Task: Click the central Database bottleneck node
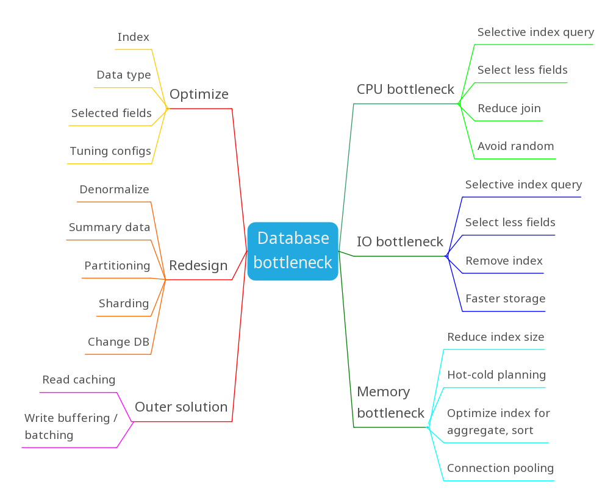(293, 251)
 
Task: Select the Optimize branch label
(199, 95)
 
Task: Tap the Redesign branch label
(198, 266)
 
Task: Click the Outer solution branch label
(181, 407)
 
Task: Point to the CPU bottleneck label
(406, 90)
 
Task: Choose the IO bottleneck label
(400, 242)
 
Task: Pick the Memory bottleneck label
(390, 402)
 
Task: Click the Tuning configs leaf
(110, 151)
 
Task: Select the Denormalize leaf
(114, 190)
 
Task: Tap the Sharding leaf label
(124, 304)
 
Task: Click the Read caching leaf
(79, 380)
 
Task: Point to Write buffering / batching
(71, 427)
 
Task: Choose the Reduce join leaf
(509, 109)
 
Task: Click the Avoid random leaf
(516, 146)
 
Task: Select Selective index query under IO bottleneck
(523, 185)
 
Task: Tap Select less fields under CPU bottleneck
(523, 70)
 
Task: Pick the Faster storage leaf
(506, 299)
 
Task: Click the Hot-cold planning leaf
(496, 375)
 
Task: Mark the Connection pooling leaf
(501, 468)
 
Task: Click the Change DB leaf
(118, 342)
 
